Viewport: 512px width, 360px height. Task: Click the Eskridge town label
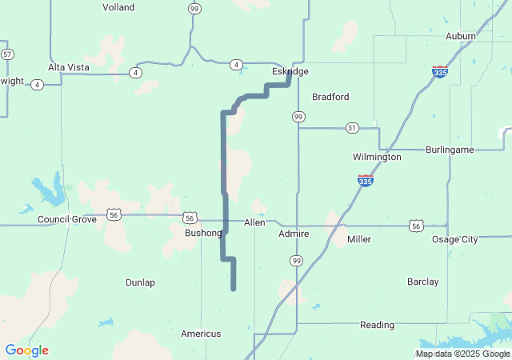click(289, 71)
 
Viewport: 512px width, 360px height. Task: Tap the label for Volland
click(118, 7)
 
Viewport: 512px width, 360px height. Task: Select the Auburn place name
click(461, 36)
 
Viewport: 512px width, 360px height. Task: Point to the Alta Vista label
click(68, 67)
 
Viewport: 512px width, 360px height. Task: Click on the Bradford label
click(330, 97)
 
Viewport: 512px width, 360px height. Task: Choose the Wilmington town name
click(377, 157)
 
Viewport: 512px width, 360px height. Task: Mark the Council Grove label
click(67, 219)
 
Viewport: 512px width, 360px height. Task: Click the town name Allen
click(254, 222)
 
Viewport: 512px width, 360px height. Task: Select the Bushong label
click(203, 233)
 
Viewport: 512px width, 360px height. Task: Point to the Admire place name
click(294, 234)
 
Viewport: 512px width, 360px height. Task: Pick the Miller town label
click(359, 239)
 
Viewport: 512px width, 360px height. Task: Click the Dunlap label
click(140, 282)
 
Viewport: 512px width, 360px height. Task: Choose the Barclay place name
click(422, 282)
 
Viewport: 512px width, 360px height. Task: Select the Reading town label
click(377, 325)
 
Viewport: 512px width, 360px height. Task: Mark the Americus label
click(200, 334)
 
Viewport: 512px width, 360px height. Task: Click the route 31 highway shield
click(352, 128)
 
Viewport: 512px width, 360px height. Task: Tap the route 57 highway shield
click(7, 54)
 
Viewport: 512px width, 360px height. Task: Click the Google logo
click(26, 350)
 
